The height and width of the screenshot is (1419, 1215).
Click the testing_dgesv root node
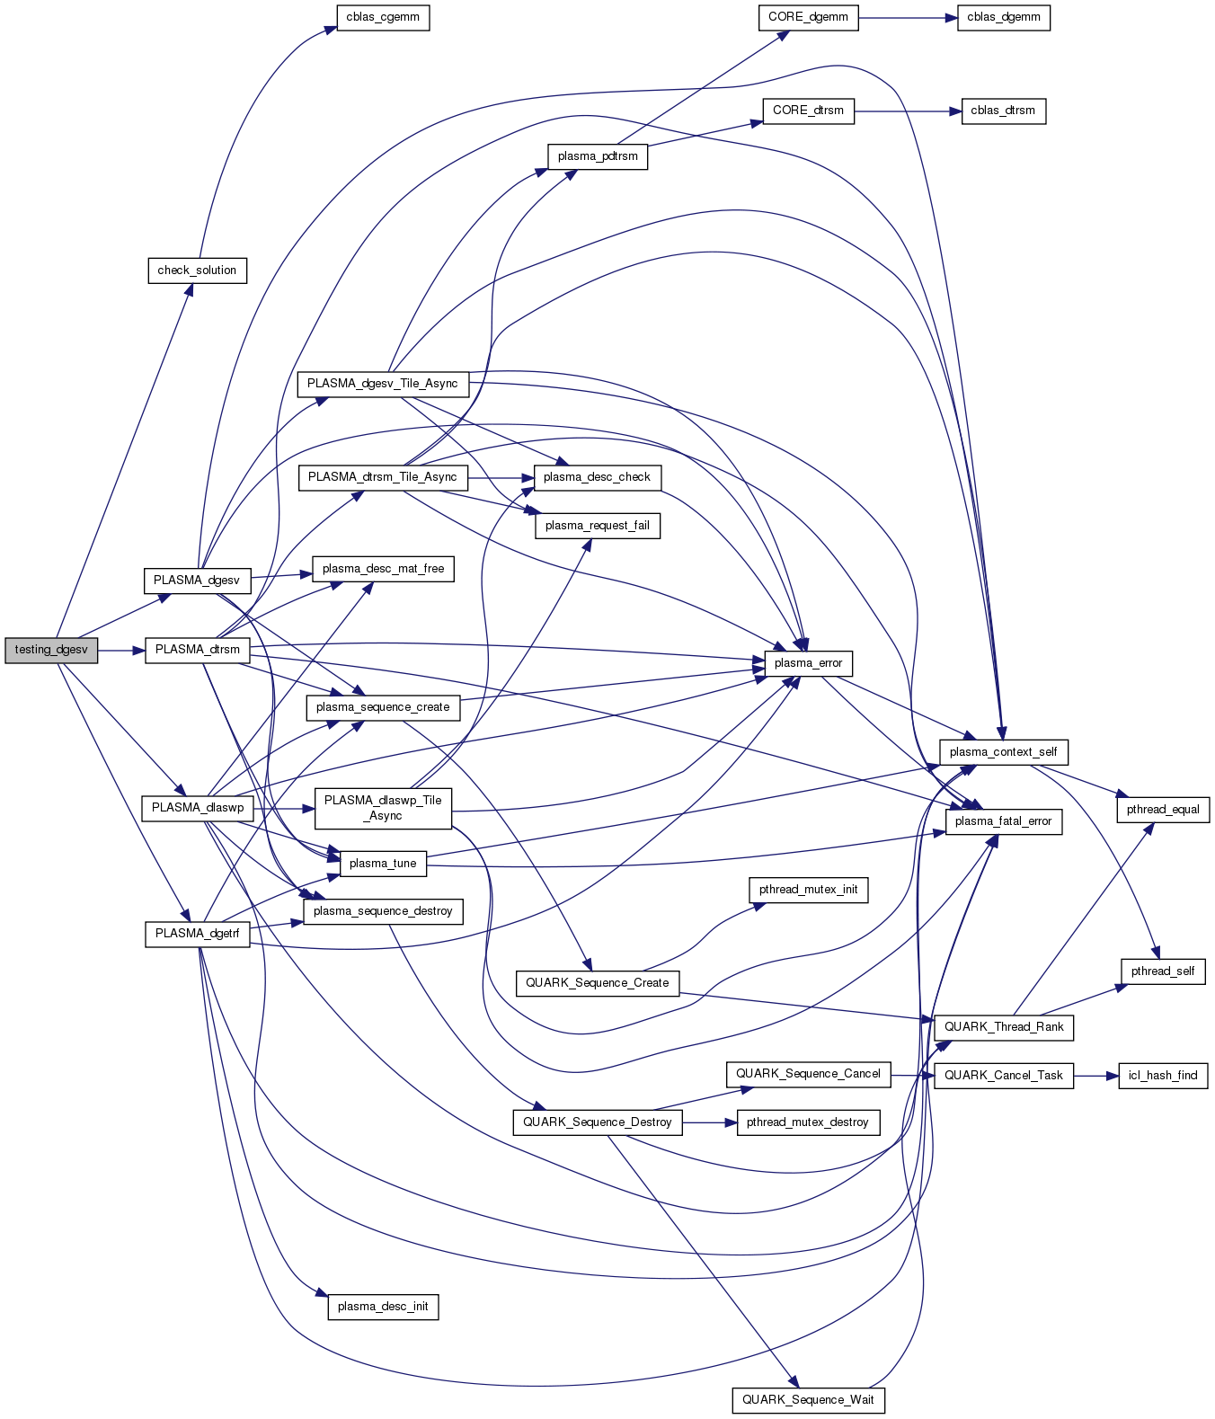coord(51,650)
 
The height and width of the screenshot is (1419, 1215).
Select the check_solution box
coord(197,270)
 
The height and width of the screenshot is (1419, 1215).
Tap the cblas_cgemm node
coord(383,17)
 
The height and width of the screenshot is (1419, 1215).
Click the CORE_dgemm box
coord(809,17)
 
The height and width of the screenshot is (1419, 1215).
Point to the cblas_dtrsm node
coord(1003,111)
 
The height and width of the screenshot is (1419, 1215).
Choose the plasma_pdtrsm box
coord(598,156)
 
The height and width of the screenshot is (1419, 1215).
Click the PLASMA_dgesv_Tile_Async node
coord(383,384)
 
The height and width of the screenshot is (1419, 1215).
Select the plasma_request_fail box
coord(598,526)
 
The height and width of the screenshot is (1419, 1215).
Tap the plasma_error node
coord(808,663)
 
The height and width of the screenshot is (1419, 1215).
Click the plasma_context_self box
coord(1003,752)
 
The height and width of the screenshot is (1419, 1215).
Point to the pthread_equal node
coord(1163,809)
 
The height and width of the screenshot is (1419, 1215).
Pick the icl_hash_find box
coord(1163,1076)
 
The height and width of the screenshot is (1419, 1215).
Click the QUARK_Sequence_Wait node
coord(808,1399)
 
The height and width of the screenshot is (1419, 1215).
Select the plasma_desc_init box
coord(383,1307)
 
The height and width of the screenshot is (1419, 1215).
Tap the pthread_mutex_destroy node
coord(807,1122)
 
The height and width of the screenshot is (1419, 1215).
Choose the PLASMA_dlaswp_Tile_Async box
coord(383,808)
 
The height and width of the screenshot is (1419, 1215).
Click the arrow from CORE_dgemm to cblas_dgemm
coord(908,17)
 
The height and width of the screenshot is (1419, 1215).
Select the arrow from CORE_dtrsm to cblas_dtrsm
coord(908,111)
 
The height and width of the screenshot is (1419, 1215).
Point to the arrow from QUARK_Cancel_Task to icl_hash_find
coord(1095,1076)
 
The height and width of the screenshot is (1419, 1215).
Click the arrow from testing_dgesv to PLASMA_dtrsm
coord(121,650)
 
